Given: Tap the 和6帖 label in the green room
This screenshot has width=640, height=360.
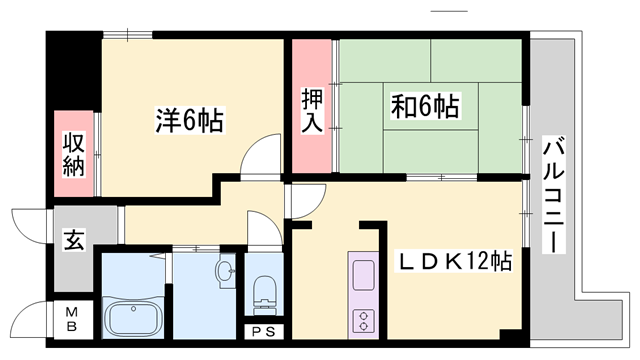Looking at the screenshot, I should [426, 105].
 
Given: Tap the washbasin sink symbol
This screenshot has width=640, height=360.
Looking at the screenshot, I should [225, 269].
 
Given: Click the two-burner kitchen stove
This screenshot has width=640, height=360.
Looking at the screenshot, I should [361, 321].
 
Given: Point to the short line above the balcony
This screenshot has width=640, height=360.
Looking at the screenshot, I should [448, 13].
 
